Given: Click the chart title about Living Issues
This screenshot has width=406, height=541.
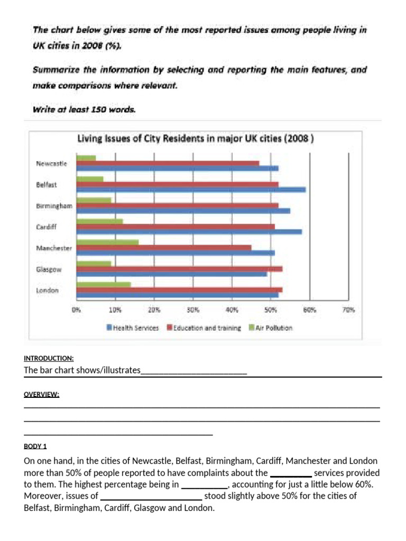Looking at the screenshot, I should [x=196, y=139].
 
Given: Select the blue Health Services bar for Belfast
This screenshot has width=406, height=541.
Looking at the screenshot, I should [x=191, y=190].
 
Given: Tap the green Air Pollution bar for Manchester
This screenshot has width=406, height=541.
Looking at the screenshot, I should [x=107, y=242].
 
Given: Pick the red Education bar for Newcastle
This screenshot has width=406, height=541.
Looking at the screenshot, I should [x=168, y=163].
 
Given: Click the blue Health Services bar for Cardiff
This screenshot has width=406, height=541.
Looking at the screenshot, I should [x=189, y=231].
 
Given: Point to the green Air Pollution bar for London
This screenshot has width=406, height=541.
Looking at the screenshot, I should [x=104, y=284].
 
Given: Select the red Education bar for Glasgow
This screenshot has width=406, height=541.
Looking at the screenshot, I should [x=179, y=268].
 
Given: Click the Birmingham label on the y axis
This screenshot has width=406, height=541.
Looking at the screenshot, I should [x=54, y=206].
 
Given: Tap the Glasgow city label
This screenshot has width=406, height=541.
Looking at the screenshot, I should [x=49, y=269].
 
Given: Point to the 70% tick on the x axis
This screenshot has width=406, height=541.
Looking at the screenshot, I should [x=348, y=311].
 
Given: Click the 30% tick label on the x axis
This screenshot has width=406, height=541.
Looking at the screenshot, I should [x=193, y=311].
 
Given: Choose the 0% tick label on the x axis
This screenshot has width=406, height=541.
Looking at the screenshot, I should [x=76, y=311].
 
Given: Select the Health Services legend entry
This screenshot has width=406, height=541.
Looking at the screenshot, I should [x=133, y=328].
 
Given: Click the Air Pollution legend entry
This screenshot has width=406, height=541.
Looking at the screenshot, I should [x=270, y=328].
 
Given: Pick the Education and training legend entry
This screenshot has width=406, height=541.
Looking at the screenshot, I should [x=204, y=328].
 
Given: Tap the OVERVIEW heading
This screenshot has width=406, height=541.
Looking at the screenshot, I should [x=41, y=394].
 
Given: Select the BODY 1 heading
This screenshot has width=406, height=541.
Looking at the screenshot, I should [x=35, y=446].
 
